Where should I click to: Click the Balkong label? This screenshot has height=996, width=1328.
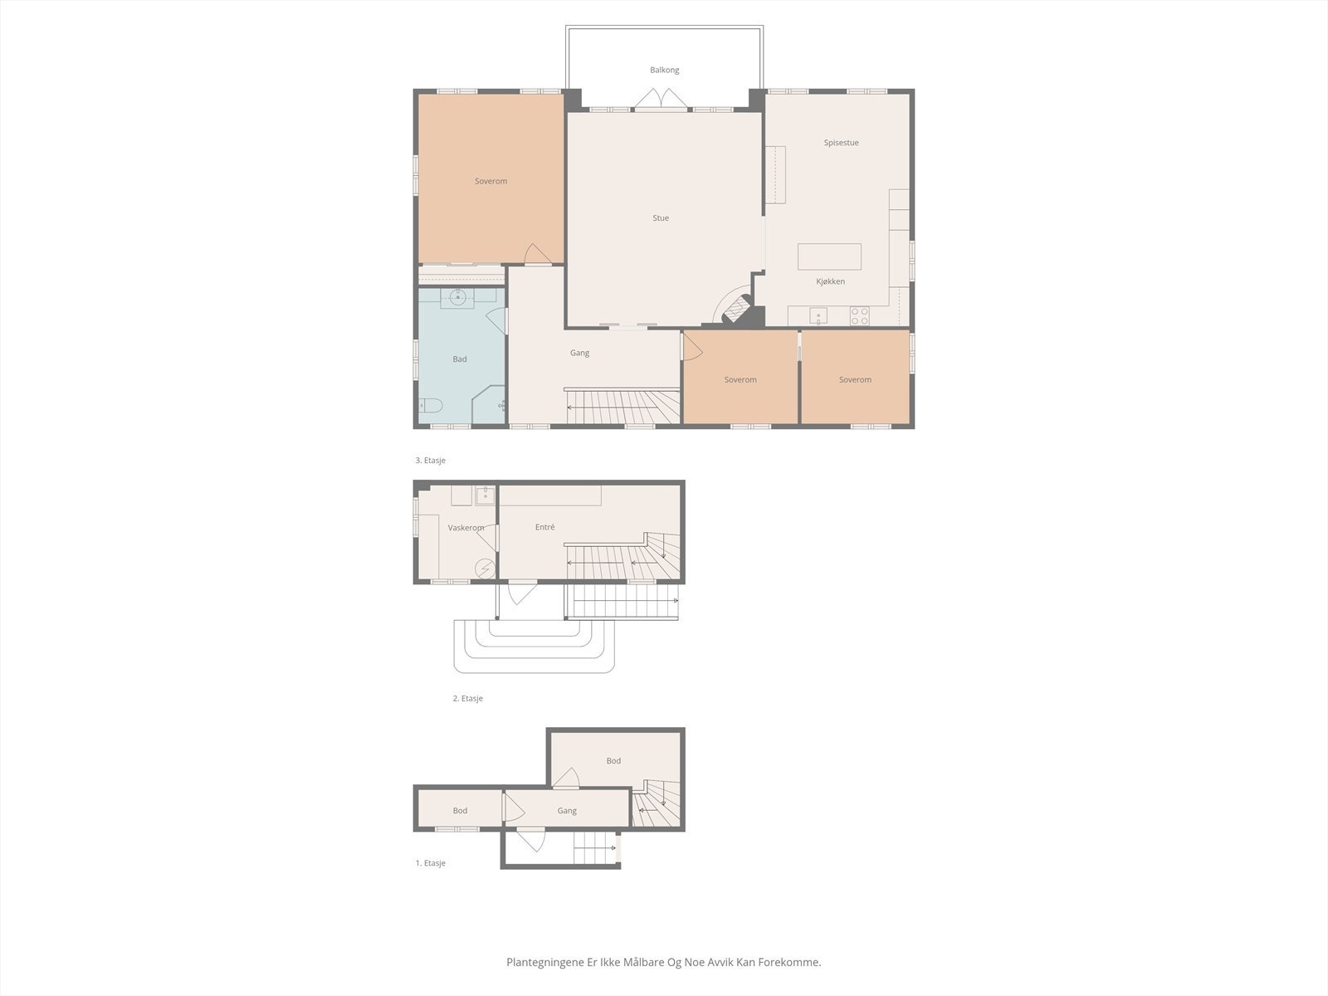[664, 71]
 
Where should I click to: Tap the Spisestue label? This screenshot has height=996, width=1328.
[841, 143]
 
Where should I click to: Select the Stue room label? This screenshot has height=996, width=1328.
[661, 218]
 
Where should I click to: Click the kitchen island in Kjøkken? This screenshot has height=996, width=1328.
[829, 256]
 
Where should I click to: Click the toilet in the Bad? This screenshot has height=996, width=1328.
[431, 406]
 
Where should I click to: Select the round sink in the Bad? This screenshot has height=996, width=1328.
[457, 295]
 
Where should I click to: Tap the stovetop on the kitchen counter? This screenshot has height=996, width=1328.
[859, 316]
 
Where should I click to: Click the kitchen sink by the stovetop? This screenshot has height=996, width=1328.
[818, 315]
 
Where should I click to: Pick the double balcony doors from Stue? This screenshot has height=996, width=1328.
[661, 100]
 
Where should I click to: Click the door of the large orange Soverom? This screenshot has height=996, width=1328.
[536, 254]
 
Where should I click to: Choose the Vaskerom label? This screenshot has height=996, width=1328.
[465, 528]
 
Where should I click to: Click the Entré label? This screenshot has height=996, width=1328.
[544, 527]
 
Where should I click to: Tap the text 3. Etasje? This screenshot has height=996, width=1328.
[430, 461]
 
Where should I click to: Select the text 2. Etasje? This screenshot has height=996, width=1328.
[467, 699]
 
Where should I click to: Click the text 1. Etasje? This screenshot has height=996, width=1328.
[430, 863]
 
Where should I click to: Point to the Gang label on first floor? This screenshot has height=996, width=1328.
[567, 811]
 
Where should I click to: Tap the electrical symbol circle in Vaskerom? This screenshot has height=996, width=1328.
[484, 568]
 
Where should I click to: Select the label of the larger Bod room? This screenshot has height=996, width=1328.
[613, 761]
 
